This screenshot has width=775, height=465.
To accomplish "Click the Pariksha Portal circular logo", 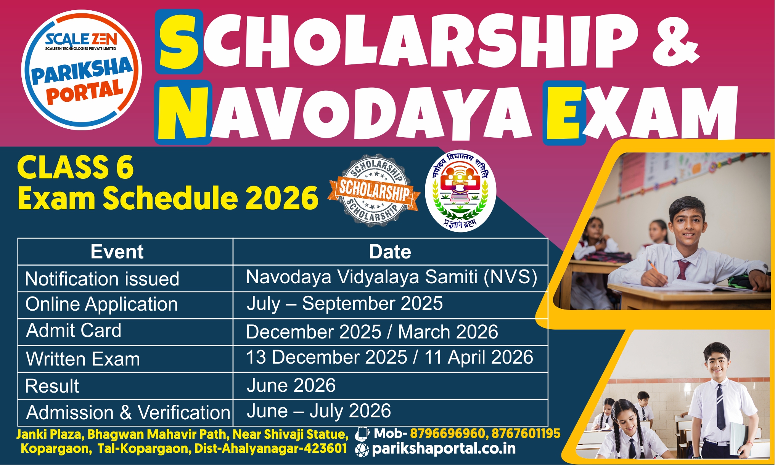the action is pyautogui.click(x=81, y=70).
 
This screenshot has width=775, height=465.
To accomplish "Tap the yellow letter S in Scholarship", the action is pyautogui.click(x=179, y=42).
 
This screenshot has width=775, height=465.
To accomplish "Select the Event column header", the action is pyautogui.click(x=117, y=252).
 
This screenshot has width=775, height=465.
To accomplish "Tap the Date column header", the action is pyautogui.click(x=390, y=252).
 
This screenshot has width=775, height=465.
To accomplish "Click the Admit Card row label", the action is pyautogui.click(x=74, y=330).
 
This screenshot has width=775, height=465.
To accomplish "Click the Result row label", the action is pyautogui.click(x=52, y=386).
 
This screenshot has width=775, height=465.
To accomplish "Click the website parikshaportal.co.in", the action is pyautogui.click(x=444, y=449).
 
